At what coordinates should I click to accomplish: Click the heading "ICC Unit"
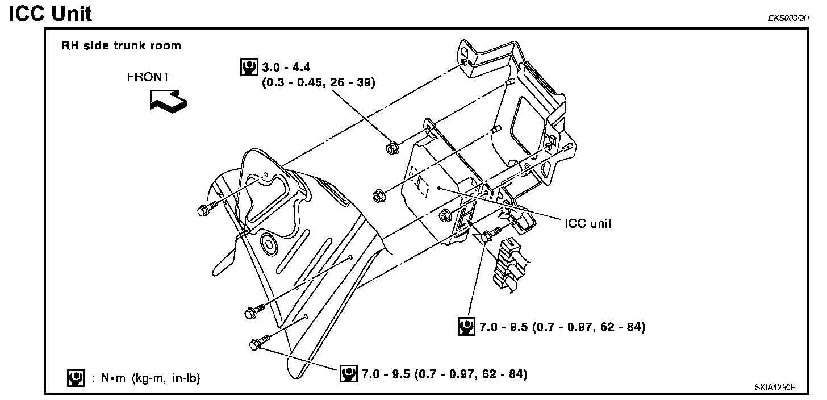pyautogui.click(x=51, y=13)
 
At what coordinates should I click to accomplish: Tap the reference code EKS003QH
pyautogui.click(x=788, y=18)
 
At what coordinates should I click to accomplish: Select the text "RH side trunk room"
pyautogui.click(x=121, y=46)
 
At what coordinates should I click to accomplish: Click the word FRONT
pyautogui.click(x=148, y=77)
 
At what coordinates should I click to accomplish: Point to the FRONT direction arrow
pyautogui.click(x=168, y=100)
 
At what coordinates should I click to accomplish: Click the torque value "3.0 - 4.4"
pyautogui.click(x=286, y=68)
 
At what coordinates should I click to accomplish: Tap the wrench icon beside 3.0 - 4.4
pyautogui.click(x=248, y=68)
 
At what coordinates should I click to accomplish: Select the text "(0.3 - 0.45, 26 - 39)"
pyautogui.click(x=318, y=83)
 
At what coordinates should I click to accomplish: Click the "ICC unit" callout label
pyautogui.click(x=588, y=223)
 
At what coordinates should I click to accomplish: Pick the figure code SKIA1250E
pyautogui.click(x=775, y=387)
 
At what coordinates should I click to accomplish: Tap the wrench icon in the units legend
pyautogui.click(x=73, y=377)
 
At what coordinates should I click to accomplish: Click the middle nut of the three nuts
pyautogui.click(x=378, y=195)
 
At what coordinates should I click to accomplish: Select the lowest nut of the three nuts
pyautogui.click(x=444, y=215)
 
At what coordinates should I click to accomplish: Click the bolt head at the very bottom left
pyautogui.click(x=256, y=344)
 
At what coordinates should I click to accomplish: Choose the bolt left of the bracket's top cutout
pyautogui.click(x=204, y=210)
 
